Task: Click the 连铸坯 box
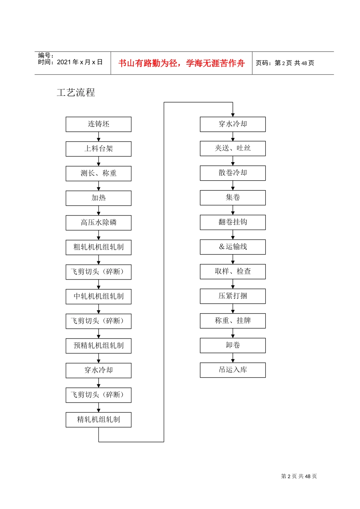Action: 99,124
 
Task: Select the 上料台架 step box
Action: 99,149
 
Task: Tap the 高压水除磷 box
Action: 99,223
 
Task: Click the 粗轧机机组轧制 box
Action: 99,247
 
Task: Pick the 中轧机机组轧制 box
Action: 99,297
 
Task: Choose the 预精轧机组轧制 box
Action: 99,346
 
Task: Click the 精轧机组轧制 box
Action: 99,420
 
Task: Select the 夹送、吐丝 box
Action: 233,148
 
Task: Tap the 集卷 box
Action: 233,198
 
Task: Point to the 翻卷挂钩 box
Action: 233,222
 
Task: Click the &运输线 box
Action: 233,247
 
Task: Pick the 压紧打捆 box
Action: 233,296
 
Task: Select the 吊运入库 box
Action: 233,370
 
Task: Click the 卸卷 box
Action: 233,345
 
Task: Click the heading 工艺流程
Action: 76,92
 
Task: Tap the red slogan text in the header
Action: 182,63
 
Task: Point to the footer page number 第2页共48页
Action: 299,476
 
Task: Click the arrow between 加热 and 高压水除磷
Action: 99,211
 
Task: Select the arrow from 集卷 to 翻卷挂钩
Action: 233,210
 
